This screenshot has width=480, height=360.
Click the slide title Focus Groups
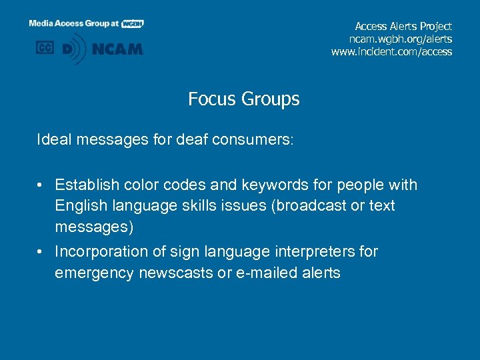pyautogui.click(x=243, y=99)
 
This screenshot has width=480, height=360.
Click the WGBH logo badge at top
pyautogui.click(x=133, y=23)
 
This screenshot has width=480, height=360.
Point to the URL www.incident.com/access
pyautogui.click(x=391, y=51)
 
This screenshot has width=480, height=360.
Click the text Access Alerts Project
pyautogui.click(x=403, y=26)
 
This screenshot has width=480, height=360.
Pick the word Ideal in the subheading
pyautogui.click(x=53, y=141)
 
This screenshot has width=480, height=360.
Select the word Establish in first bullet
pyautogui.click(x=86, y=185)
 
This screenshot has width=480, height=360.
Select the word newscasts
pyautogui.click(x=179, y=273)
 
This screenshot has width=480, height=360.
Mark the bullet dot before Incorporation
pyautogui.click(x=41, y=252)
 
